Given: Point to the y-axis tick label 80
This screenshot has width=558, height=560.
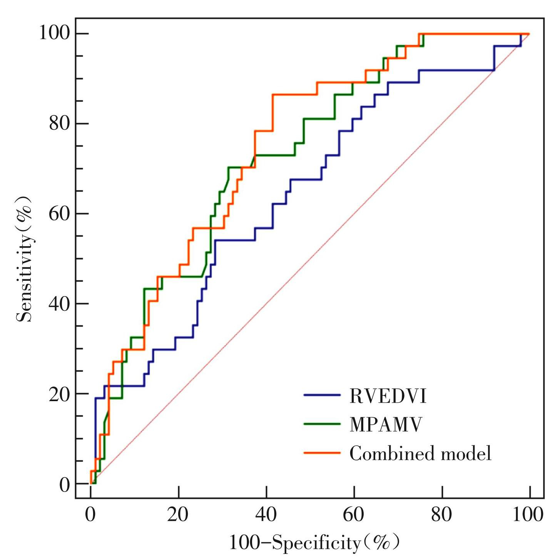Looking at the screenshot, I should coord(59,123).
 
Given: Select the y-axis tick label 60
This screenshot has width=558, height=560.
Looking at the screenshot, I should coord(59,213).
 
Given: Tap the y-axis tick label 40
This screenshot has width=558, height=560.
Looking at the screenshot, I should coord(59,303).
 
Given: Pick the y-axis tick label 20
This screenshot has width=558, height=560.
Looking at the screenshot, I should coord(59,394).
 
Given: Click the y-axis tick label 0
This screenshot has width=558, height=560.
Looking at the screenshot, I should coord(65,485).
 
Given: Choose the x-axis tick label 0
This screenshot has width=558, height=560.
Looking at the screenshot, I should coord(90,514).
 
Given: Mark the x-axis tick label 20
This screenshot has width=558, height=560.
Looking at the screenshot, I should coord(178,514).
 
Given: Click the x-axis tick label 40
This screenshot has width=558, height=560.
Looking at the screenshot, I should coord(266,514).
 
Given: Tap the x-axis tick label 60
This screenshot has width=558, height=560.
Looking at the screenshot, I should coord(354,514).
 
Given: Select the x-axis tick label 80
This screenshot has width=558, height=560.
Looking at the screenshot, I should coord(441,514).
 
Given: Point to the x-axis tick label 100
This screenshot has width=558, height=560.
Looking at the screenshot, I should coord(528,514).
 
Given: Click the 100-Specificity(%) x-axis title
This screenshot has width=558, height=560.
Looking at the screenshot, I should coord(314,543).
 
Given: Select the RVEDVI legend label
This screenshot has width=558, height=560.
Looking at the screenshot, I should coord(388,396).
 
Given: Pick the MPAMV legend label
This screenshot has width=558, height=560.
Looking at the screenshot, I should coord(386,425).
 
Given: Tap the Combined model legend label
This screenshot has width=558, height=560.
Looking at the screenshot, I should coord(420,453).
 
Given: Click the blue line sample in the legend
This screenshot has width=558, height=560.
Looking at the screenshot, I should coord(322,395).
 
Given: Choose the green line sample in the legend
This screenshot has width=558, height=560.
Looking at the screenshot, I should coord(322,424).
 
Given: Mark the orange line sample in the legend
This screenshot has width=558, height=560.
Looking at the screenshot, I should coord(322,453).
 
